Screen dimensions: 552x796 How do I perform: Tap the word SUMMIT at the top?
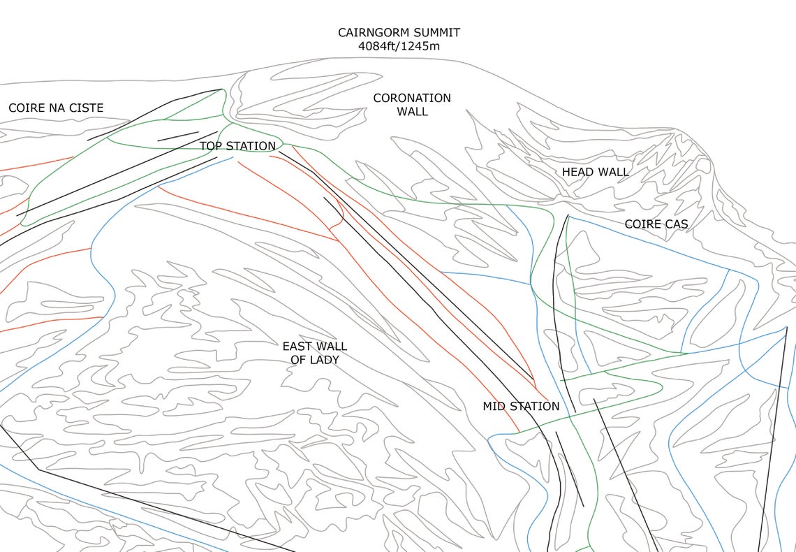coord(436,33)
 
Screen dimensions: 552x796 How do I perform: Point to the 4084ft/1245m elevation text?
coord(399,47)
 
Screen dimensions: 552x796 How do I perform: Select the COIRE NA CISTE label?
coord(56,108)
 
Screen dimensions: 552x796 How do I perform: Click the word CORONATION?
coord(412,98)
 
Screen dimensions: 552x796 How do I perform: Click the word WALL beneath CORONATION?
coord(412,112)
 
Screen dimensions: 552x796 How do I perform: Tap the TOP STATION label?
coord(237,146)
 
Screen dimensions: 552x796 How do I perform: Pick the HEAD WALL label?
coord(595,172)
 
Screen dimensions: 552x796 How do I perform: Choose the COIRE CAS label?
coord(656,224)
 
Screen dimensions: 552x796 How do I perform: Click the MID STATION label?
coord(521,406)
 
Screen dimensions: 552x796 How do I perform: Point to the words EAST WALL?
coord(314,347)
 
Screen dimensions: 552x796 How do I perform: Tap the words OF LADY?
coord(314,360)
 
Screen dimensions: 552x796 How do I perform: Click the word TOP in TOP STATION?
coord(212,146)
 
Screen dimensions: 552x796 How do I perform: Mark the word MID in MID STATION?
coord(494,406)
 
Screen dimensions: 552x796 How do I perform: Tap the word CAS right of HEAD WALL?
coord(677,224)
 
